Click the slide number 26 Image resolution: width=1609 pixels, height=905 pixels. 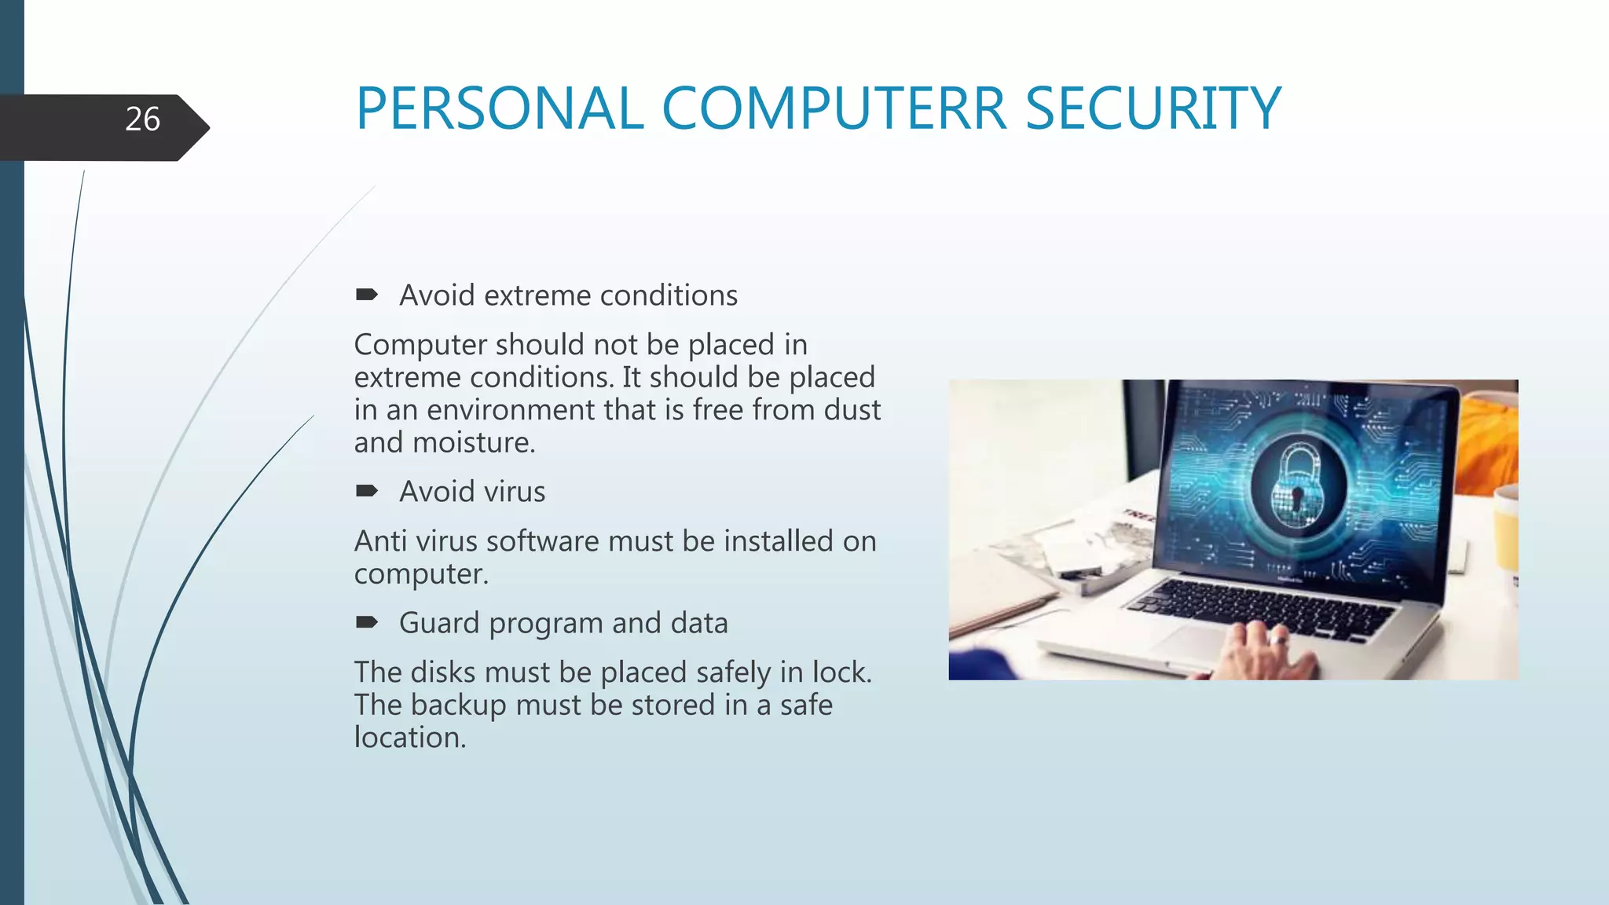coord(142,119)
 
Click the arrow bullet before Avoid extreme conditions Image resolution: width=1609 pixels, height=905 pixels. coord(366,295)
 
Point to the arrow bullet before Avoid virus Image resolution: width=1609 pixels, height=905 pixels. coord(366,492)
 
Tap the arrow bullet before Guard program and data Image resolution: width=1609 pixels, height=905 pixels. coord(366,623)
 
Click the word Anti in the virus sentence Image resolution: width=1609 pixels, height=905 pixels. coord(380,541)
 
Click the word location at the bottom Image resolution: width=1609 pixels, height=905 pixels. coord(409,738)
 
